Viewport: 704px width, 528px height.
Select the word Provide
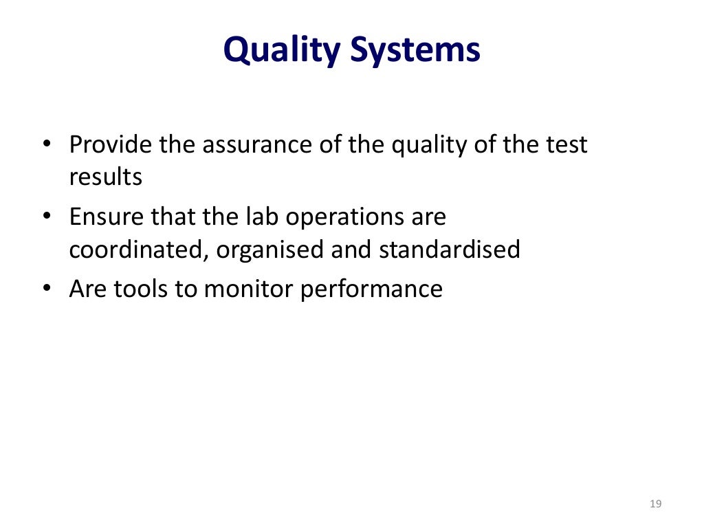(111, 145)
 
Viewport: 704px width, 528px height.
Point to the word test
(566, 145)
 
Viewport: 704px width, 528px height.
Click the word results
(105, 177)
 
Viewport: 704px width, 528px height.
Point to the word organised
(271, 250)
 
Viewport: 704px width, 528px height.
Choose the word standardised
(449, 250)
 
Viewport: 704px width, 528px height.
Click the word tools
(141, 289)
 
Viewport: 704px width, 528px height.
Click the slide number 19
(654, 504)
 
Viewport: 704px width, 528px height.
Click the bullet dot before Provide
(46, 146)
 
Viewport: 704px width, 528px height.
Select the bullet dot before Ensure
(46, 218)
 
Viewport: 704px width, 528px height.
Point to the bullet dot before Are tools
(46, 289)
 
